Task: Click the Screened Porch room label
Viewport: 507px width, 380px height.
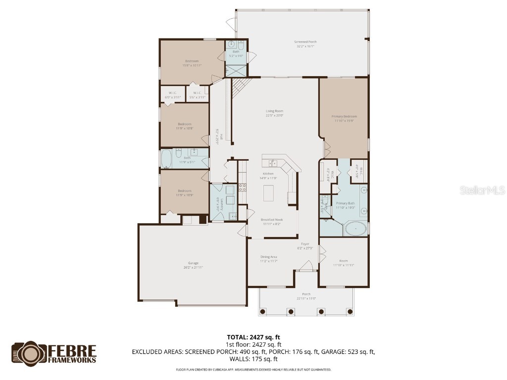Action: pos(305,42)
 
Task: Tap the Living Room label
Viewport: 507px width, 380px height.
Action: pos(274,111)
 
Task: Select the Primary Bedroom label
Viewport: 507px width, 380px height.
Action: pos(344,117)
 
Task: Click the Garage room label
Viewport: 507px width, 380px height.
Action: pos(193,263)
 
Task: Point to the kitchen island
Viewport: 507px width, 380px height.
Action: pos(268,192)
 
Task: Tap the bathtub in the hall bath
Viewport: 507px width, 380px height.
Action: pos(165,159)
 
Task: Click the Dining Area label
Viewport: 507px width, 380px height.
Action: pos(269,256)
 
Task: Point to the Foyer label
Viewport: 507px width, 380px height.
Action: pos(304,243)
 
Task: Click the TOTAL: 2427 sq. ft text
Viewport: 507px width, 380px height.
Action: pos(253,337)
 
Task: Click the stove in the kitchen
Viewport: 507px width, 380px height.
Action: pos(243,188)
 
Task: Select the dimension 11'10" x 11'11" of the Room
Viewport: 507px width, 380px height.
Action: pos(344,265)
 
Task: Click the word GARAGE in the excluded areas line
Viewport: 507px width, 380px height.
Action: pos(337,352)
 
